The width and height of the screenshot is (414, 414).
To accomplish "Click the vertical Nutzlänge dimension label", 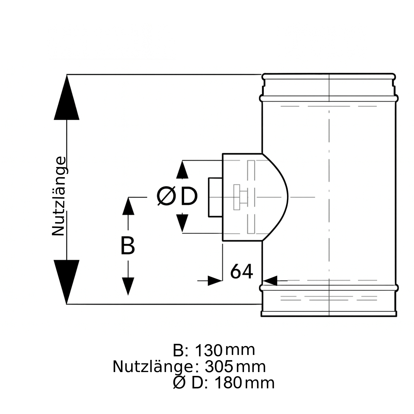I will (x=59, y=196).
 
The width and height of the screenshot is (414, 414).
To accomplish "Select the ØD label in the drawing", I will (x=177, y=196).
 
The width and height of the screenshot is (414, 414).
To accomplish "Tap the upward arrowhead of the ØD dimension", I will (x=182, y=170).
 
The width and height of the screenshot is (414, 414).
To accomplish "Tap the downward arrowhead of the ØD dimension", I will (x=182, y=222).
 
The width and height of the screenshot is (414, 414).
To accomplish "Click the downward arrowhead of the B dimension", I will (x=128, y=286).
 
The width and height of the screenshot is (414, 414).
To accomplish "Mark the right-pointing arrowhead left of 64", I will (x=215, y=281).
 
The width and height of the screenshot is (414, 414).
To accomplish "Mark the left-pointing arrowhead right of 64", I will (x=270, y=281).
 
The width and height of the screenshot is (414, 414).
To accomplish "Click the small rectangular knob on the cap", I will (x=216, y=197).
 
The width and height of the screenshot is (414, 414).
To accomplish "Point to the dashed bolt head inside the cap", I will (x=237, y=197).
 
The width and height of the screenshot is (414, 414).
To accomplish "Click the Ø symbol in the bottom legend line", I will (x=179, y=383).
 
